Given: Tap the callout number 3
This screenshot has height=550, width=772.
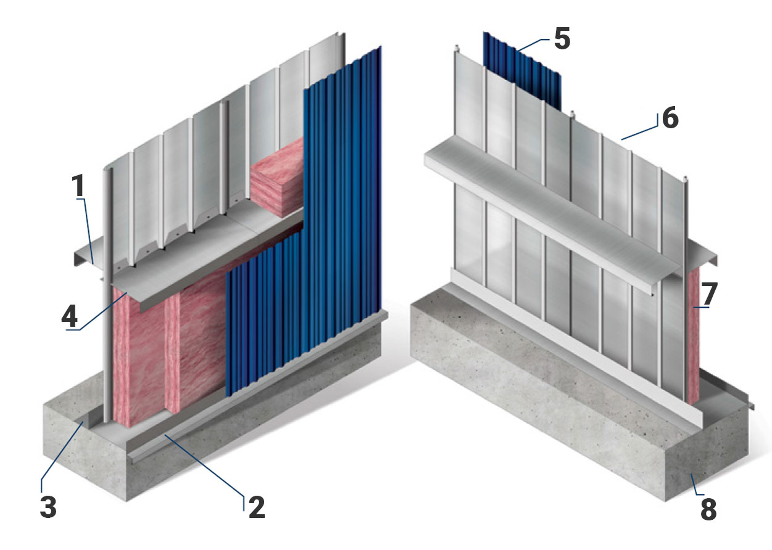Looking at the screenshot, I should click(48, 507).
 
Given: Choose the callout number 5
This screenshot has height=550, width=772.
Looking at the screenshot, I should click(562, 38).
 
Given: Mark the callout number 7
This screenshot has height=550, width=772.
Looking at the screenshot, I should click(709, 295).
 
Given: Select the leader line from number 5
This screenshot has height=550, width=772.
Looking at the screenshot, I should click(531, 44).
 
